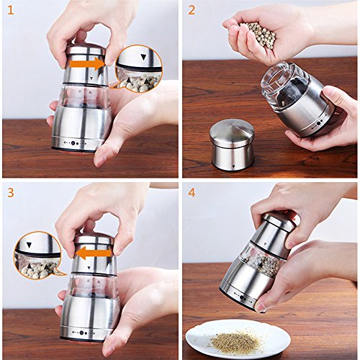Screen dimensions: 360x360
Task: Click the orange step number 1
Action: coord(10,10)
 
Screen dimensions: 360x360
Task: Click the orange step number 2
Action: coord(192,10)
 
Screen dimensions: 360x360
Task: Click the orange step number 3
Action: coord(11,192)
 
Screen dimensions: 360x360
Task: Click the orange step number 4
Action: coord(192,192)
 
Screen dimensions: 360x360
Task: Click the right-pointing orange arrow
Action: coord(87,64)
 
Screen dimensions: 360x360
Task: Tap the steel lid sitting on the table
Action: coord(232,145)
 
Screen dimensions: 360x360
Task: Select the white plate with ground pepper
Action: coord(238,338)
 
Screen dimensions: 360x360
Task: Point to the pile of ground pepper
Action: coord(235,341)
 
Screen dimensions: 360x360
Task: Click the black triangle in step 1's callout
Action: coord(143,57)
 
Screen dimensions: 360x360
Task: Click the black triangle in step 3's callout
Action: coord(29,245)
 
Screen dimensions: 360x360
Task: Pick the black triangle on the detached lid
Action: coord(233,166)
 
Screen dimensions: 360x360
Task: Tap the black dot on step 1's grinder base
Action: coord(73,143)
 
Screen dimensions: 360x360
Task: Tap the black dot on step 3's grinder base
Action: coord(82,333)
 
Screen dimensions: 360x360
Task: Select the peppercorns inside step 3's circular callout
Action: coord(38,269)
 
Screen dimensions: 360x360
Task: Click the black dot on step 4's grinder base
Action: coord(242,298)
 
